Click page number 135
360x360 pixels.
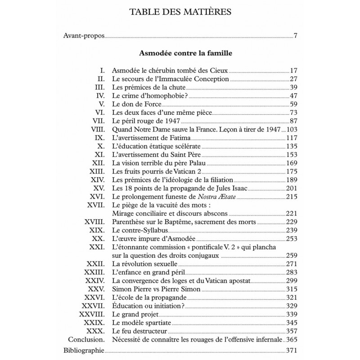pyautogui.click(x=292, y=146)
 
